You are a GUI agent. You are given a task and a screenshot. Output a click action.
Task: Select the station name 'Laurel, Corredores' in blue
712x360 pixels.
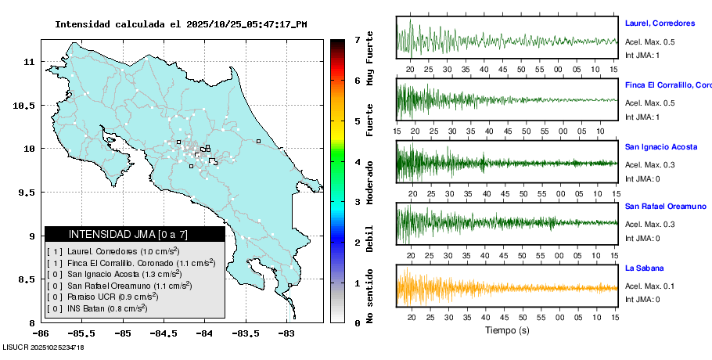pos(660,23)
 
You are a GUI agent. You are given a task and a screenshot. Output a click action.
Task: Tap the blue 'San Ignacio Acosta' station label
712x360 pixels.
pos(661,146)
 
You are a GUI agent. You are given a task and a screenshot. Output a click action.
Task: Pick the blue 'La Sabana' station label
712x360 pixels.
pos(644,268)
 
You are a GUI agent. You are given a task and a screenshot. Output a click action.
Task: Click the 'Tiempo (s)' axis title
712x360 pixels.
pos(506,330)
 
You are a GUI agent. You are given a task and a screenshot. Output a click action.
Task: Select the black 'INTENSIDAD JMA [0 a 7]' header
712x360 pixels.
pos(135,234)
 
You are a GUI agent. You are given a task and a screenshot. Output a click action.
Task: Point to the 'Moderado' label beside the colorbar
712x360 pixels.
pos(370,189)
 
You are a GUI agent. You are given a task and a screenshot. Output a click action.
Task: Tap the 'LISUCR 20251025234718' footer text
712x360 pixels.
pos(44,347)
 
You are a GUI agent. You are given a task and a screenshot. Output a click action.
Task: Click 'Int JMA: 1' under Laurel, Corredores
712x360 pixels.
pos(642,55)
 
